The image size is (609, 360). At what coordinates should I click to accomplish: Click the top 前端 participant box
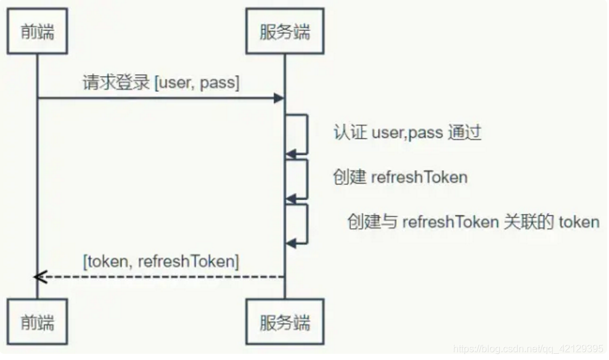(37, 31)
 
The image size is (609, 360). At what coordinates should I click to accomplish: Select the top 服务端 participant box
(284, 31)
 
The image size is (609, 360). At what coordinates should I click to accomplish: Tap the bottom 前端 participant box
(37, 322)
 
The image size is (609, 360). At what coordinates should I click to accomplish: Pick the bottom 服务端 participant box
(284, 322)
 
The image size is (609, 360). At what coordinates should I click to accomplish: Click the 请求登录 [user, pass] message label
(160, 83)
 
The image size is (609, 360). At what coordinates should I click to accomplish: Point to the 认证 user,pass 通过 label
(407, 133)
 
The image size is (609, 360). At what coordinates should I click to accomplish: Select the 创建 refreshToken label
(400, 178)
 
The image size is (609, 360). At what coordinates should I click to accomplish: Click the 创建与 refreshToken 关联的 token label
(473, 221)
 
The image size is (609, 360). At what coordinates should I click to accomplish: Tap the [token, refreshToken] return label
(160, 261)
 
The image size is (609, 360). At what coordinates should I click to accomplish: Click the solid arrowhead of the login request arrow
(279, 98)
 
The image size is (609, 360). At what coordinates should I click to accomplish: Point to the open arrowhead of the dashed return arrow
(40, 277)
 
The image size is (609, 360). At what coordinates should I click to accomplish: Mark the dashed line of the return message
(160, 277)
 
